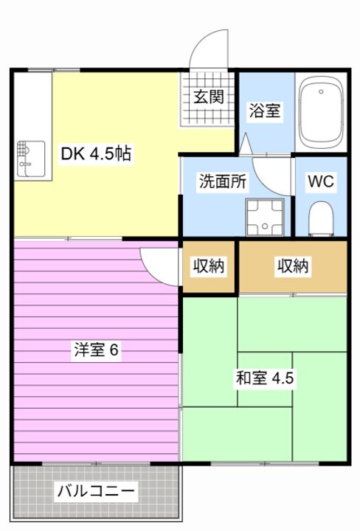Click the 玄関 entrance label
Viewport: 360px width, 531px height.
pyautogui.click(x=209, y=96)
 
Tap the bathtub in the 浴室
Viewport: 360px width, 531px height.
pyautogui.click(x=322, y=112)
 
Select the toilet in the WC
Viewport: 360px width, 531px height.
pyautogui.click(x=321, y=218)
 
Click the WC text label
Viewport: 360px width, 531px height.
pyautogui.click(x=321, y=181)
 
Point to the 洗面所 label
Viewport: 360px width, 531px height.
pyautogui.click(x=222, y=181)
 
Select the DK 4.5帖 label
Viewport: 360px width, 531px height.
pyautogui.click(x=97, y=154)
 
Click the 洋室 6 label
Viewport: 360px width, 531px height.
pyautogui.click(x=96, y=350)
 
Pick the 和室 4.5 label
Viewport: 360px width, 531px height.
pyautogui.click(x=265, y=378)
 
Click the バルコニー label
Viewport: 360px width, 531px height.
pyautogui.click(x=96, y=490)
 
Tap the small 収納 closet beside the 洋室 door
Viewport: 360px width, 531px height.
pyautogui.click(x=209, y=265)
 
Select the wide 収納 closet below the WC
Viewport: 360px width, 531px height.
pyautogui.click(x=292, y=265)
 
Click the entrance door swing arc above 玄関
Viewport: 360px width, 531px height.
pyautogui.click(x=209, y=52)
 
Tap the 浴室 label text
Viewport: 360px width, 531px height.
pyautogui.click(x=264, y=112)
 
